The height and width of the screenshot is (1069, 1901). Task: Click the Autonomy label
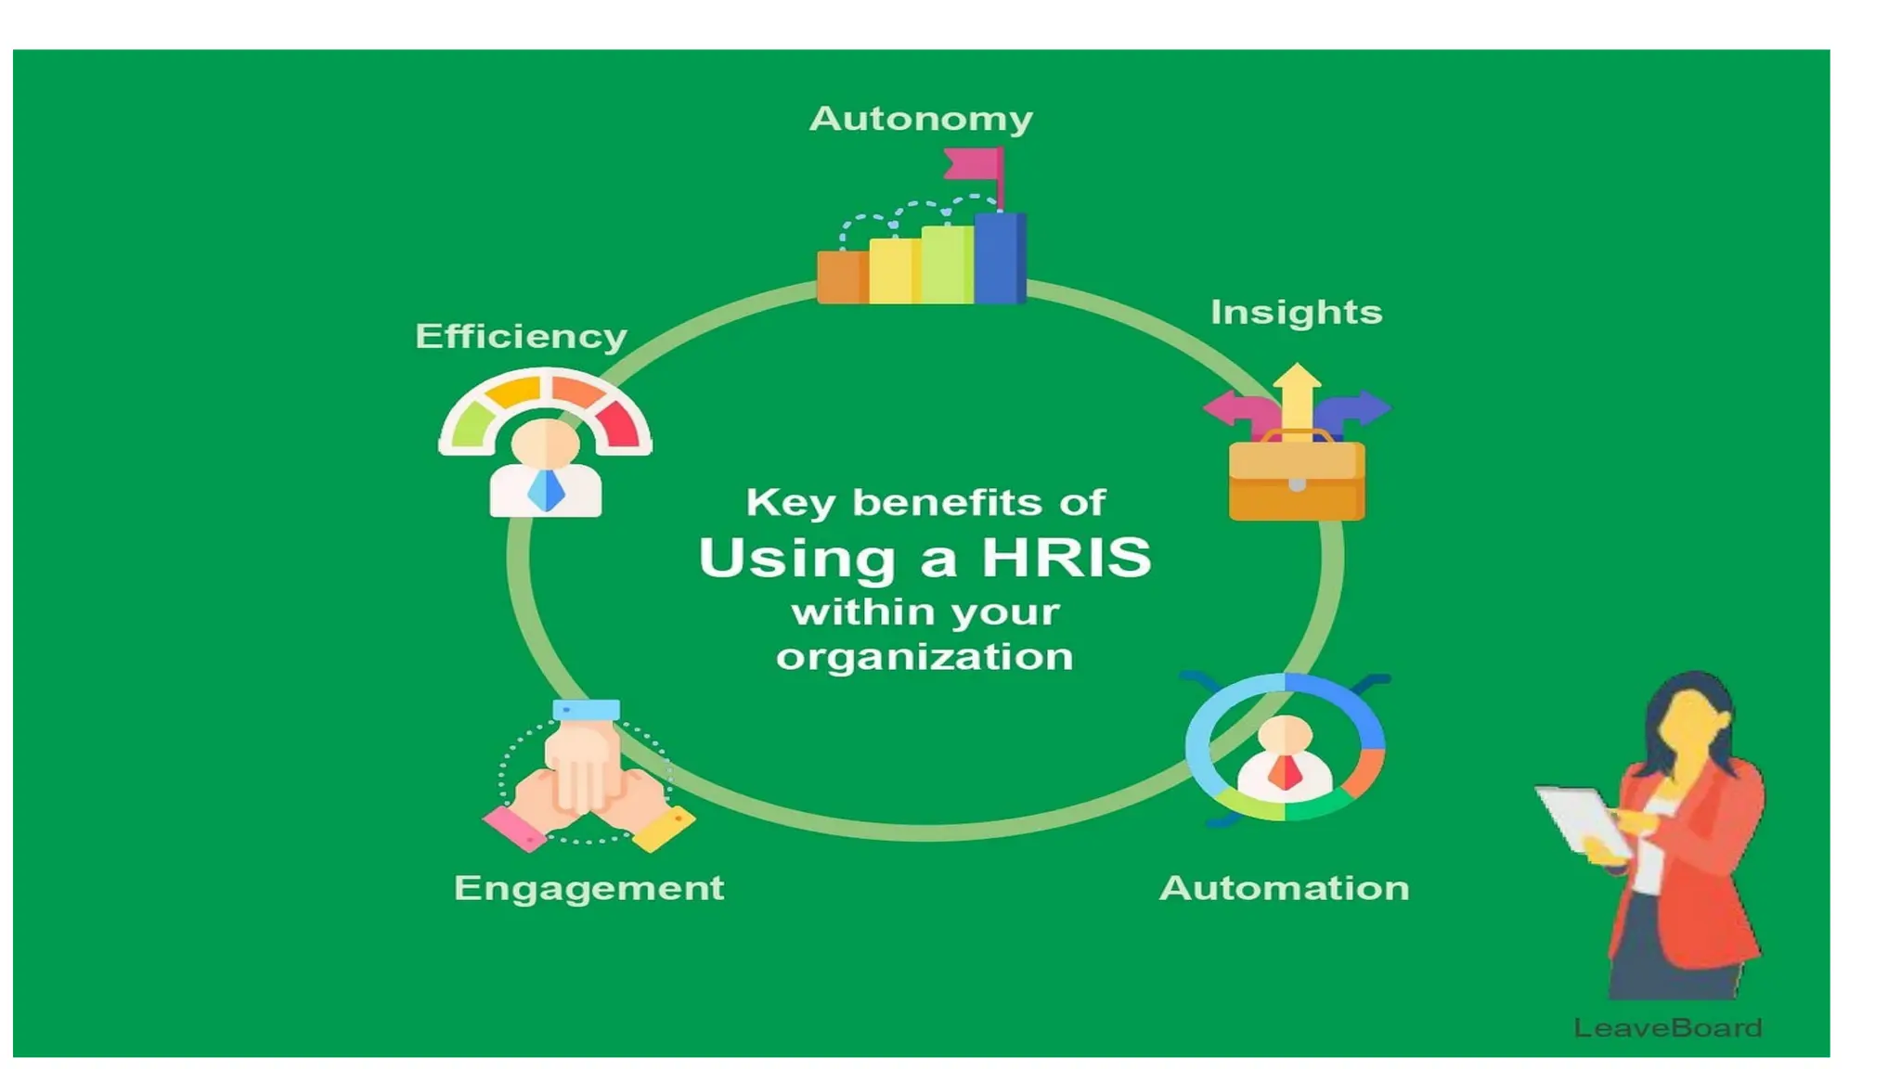pos(921,119)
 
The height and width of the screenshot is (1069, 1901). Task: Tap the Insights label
pos(1296,312)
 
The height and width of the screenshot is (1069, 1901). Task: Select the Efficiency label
pos(521,336)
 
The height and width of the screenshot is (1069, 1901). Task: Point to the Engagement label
pos(588,888)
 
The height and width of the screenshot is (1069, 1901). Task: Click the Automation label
pos(1284,888)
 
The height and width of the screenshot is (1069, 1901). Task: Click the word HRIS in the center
pos(1066,558)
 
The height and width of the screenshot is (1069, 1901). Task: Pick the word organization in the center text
pos(925,657)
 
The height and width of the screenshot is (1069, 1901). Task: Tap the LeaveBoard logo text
pos(1667,1027)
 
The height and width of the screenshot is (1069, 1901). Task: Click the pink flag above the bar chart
pos(973,164)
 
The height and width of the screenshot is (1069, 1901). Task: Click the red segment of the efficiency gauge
pos(618,425)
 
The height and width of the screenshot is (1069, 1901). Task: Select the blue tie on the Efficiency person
pos(546,489)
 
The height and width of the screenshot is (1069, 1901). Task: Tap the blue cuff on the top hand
pos(586,710)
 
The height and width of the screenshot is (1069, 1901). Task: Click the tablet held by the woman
pos(1583,819)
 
